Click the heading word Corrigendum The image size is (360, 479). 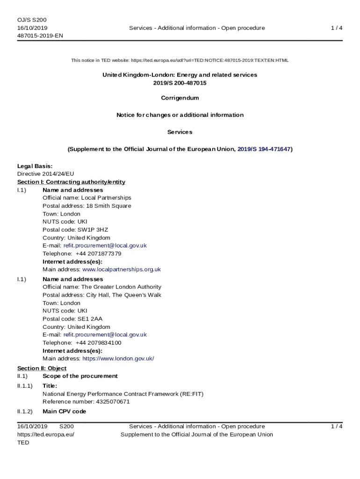click(x=180, y=98)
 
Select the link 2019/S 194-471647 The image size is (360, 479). click(x=264, y=149)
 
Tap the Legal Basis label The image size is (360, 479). click(x=35, y=166)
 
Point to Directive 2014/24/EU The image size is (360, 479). click(x=45, y=174)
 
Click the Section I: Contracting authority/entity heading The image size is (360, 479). click(x=71, y=182)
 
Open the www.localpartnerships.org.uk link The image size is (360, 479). click(x=122, y=269)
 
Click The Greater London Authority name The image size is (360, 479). click(x=121, y=287)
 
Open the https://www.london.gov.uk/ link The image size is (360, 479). click(x=118, y=359)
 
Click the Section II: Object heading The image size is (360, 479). click(x=42, y=369)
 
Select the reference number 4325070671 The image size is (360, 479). click(x=113, y=402)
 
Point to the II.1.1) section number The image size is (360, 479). click(x=25, y=386)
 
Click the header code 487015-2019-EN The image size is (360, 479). click(x=40, y=36)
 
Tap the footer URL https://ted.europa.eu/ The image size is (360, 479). click(x=46, y=435)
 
